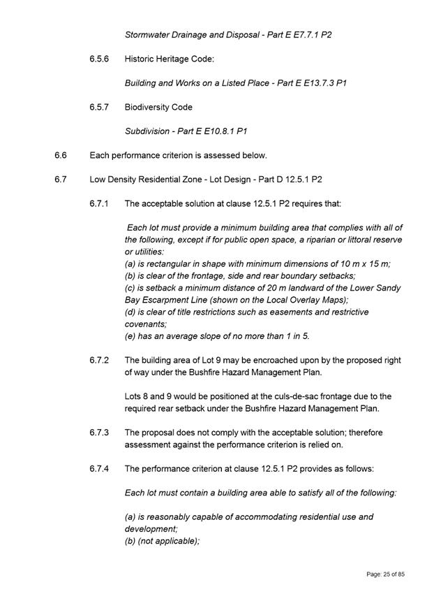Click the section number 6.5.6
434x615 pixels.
point(100,59)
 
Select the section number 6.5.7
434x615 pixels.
point(100,107)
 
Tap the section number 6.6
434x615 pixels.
point(60,155)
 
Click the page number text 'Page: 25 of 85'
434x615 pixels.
point(385,574)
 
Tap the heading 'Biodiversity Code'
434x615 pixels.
point(158,107)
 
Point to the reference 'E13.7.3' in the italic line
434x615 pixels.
point(317,83)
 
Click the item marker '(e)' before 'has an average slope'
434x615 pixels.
point(130,336)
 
